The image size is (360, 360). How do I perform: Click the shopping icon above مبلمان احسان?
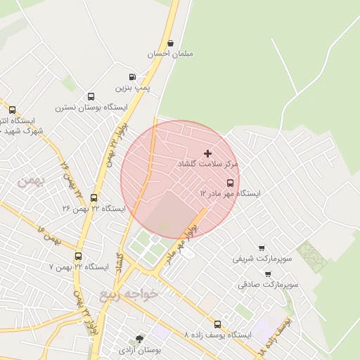pos(171,43)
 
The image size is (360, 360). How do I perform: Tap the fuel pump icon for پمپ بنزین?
pos(132,77)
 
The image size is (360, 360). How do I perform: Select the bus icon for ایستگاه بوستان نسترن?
pos(91,97)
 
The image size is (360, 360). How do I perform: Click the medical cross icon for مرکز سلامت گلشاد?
pos(207,153)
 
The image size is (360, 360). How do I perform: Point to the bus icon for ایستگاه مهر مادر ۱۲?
pos(231,183)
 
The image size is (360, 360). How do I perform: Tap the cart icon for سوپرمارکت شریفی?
pos(262,248)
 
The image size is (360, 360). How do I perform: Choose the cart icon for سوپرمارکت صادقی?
pos(268,274)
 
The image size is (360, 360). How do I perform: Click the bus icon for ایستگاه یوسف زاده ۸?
pos(217,325)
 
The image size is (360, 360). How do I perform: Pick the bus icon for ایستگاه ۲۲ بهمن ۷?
pos(77,257)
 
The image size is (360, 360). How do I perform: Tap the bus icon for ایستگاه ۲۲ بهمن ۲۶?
pos(94,198)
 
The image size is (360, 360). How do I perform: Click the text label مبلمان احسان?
pos(171,53)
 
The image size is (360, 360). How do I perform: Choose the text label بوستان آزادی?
pos(147,349)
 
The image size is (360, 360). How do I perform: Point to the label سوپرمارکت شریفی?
pos(262,259)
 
